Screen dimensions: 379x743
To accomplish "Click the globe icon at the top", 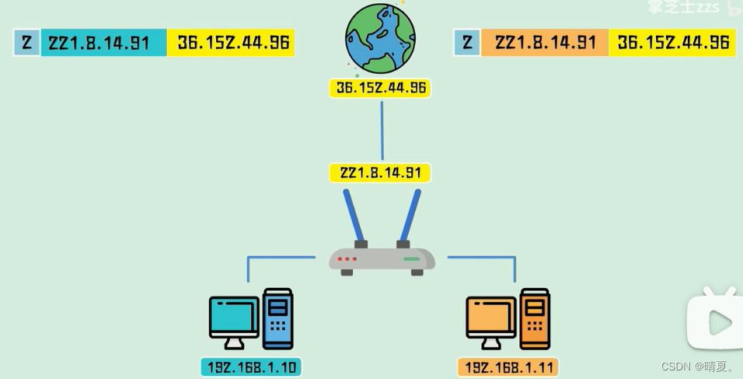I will click(380, 38).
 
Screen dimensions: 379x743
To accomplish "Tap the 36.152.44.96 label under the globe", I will click(380, 88).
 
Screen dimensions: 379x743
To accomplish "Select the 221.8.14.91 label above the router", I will click(380, 173).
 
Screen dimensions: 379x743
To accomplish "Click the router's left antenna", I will click(353, 216).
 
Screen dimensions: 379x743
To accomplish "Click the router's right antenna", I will click(409, 216).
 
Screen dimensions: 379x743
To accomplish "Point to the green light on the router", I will click(411, 258).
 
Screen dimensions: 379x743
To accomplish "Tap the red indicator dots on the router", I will click(347, 258).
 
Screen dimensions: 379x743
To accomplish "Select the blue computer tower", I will click(278, 318).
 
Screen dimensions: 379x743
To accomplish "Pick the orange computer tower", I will click(535, 318).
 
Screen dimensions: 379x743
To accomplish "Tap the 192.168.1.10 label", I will click(251, 367).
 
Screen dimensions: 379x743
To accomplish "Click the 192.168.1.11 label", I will click(508, 367).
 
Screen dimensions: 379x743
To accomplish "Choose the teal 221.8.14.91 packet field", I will click(103, 43).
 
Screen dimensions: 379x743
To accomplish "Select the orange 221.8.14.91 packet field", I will click(545, 43).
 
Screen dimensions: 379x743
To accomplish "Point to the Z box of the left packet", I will click(26, 43).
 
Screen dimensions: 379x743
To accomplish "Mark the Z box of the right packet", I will click(466, 43).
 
